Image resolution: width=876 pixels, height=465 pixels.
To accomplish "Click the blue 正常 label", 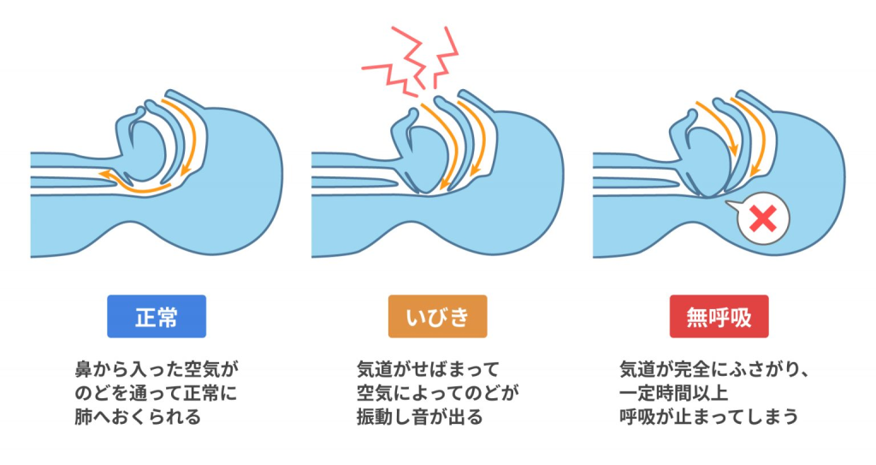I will pos(157,316).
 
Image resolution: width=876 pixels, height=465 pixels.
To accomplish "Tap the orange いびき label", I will pos(437,316).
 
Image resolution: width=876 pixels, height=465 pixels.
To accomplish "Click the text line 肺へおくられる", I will pos(138,418).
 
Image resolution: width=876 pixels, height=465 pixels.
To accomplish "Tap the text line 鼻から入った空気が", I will pos(154,371).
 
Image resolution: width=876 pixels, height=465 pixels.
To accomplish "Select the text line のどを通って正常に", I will pos(154,395).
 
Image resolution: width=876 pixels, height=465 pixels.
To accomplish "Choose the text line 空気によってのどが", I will pos(437,395).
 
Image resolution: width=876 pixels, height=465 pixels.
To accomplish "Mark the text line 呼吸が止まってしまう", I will pos(708,418).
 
